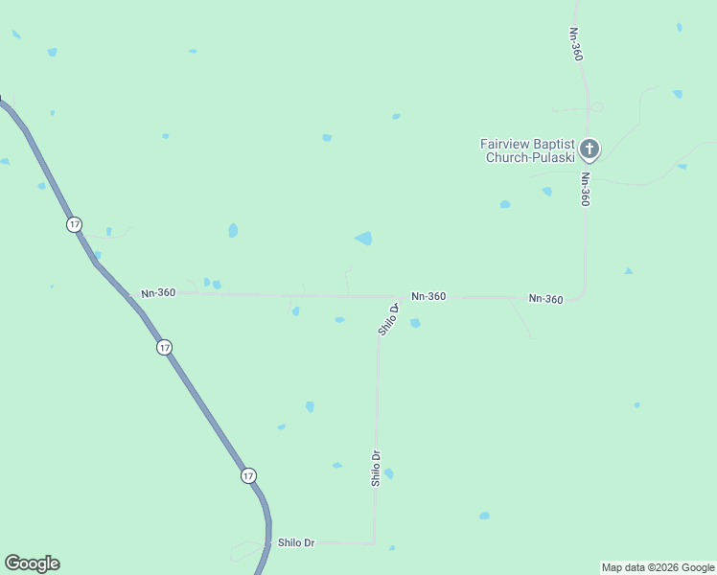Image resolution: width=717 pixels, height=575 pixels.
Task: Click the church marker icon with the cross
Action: (590, 149)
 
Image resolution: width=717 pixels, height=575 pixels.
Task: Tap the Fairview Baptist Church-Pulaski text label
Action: (528, 150)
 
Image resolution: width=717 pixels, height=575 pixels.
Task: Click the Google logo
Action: (32, 563)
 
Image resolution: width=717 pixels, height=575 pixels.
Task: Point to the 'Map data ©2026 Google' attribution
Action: (658, 567)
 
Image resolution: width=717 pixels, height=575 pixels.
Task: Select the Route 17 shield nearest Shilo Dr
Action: (249, 475)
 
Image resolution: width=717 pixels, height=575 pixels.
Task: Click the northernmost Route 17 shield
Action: (75, 224)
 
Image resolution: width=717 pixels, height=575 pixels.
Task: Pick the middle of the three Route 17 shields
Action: (165, 347)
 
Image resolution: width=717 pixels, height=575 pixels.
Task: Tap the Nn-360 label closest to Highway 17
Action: (158, 292)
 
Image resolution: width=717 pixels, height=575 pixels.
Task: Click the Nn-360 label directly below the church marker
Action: (585, 189)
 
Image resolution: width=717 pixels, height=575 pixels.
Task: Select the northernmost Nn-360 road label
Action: (576, 44)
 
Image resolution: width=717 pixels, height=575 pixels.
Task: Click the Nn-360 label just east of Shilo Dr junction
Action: (428, 296)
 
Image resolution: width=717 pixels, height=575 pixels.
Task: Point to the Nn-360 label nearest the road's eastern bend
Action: (545, 299)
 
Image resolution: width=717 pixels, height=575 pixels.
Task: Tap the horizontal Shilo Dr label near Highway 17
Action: (296, 542)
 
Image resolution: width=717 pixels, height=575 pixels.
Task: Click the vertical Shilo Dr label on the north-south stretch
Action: (377, 469)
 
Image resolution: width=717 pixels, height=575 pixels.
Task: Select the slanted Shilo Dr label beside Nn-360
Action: (388, 319)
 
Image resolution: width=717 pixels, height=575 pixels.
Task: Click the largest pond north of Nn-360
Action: (364, 238)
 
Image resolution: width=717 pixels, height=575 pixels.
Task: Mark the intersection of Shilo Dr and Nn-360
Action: (395, 297)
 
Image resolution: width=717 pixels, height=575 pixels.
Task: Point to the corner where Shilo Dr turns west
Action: (374, 542)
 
